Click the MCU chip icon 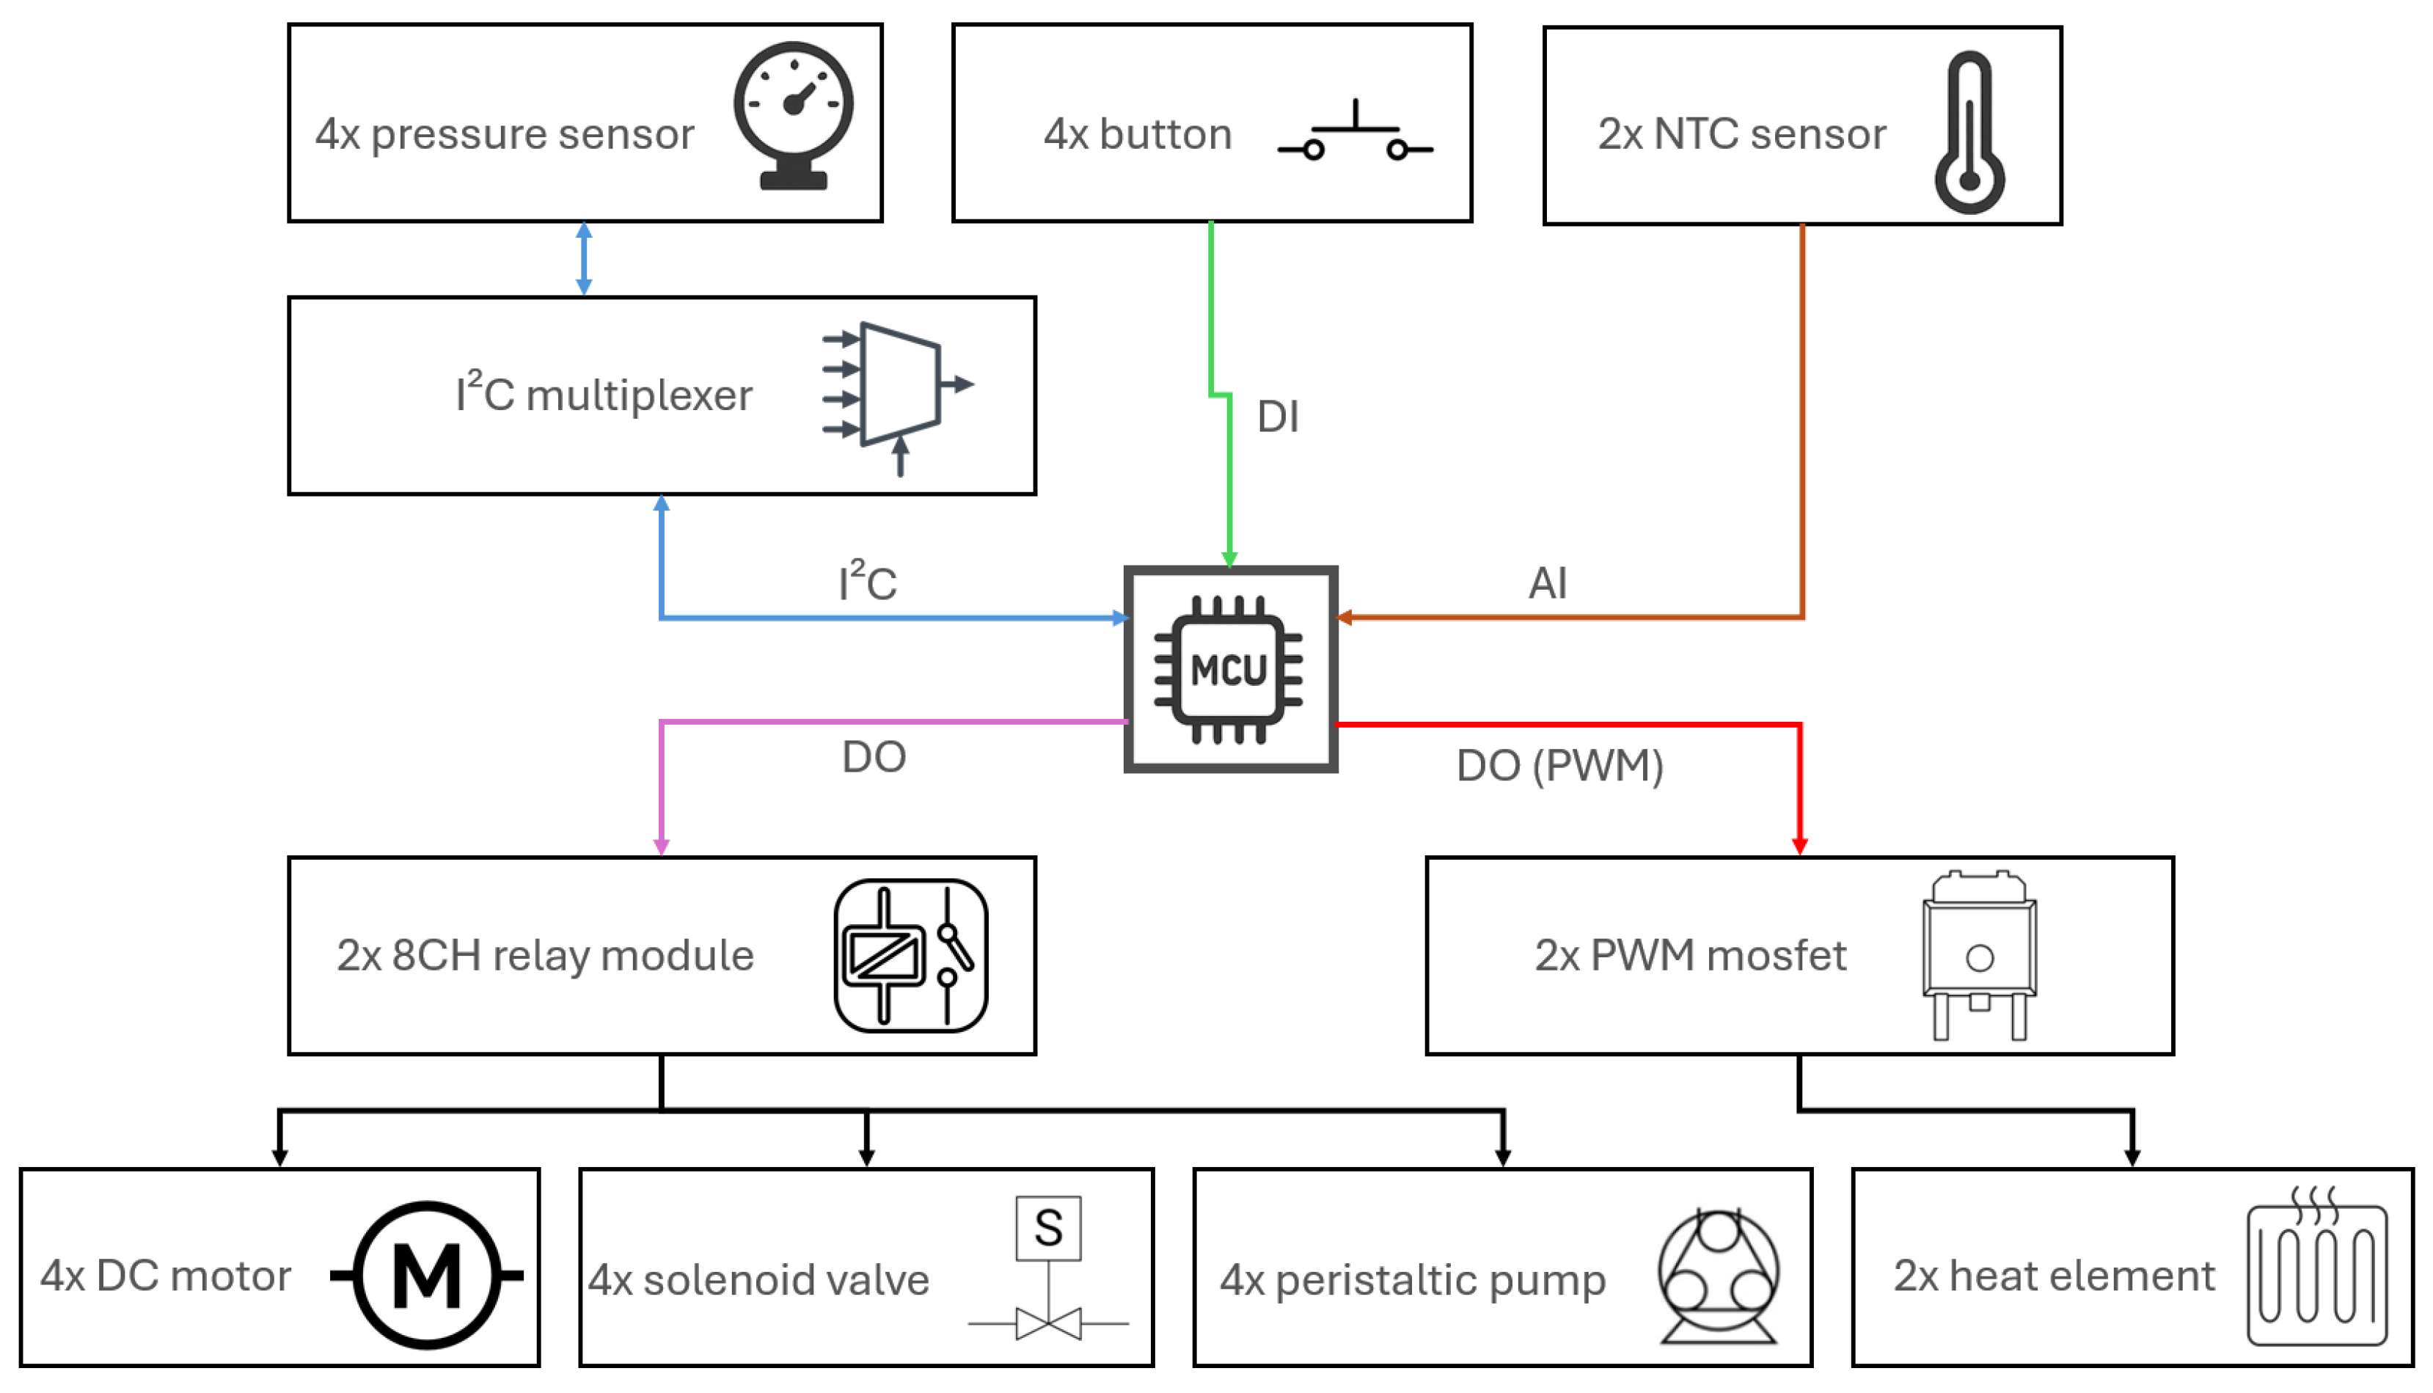[1230, 670]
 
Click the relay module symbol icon [910, 955]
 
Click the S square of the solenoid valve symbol [1048, 1227]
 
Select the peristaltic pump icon [1718, 1276]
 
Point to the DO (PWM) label [1559, 765]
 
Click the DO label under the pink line [873, 757]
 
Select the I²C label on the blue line [866, 582]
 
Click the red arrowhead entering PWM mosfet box [1799, 846]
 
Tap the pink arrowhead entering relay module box [661, 846]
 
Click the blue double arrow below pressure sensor [585, 258]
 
